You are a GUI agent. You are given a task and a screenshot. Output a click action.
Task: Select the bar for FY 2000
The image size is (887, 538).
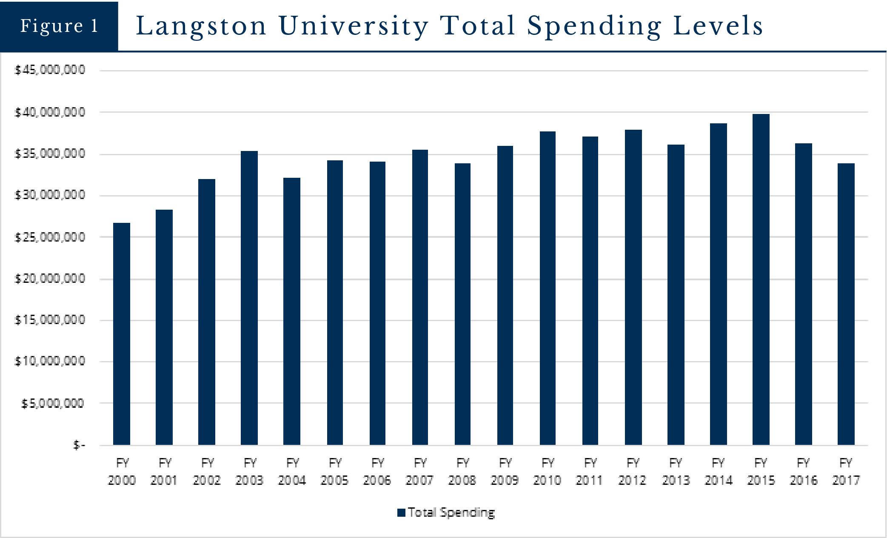click(x=122, y=334)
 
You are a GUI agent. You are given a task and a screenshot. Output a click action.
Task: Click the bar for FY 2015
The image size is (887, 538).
click(x=761, y=279)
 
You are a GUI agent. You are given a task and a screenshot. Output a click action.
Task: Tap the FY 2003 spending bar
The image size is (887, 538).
click(x=249, y=298)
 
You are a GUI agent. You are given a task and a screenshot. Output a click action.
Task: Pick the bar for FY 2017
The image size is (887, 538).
click(x=846, y=304)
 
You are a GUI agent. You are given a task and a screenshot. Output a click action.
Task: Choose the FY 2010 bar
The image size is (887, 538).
click(x=548, y=288)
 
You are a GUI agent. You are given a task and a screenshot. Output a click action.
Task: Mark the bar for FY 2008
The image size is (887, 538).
click(x=462, y=304)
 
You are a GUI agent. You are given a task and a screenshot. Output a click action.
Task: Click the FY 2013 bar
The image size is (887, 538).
click(x=676, y=295)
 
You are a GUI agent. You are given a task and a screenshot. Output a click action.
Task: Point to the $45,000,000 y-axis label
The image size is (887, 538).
click(x=50, y=70)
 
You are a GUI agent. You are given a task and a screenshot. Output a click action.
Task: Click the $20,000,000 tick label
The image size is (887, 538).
click(x=50, y=279)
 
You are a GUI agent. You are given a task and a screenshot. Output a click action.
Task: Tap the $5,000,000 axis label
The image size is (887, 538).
click(x=53, y=403)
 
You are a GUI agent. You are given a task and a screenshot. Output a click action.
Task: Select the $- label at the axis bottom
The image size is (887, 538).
click(x=79, y=445)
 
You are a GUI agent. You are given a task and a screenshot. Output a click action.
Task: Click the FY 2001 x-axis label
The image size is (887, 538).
click(x=164, y=471)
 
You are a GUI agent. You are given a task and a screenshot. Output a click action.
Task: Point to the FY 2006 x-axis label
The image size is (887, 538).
click(x=377, y=471)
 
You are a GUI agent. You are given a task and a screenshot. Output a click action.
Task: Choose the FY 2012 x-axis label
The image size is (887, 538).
click(x=633, y=471)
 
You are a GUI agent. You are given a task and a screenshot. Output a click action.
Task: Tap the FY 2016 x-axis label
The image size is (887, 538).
click(x=803, y=471)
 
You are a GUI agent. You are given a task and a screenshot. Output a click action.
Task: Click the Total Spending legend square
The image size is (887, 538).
click(x=401, y=512)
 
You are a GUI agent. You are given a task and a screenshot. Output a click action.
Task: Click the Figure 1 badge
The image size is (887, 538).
click(x=59, y=26)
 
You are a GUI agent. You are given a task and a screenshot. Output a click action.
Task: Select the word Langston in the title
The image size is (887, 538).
click(x=201, y=26)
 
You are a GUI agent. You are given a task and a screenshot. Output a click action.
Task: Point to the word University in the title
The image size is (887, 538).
click(x=354, y=26)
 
